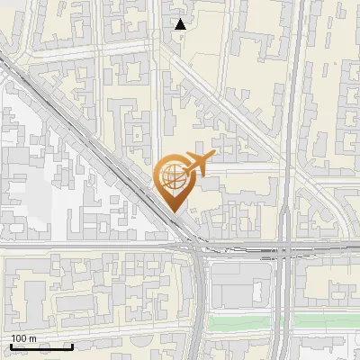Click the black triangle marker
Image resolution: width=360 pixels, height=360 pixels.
[181, 24]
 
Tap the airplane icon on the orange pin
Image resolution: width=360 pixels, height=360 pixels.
[198, 163]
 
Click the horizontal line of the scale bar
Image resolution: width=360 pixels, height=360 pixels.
[41, 346]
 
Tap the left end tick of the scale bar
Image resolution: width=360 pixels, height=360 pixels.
[11, 345]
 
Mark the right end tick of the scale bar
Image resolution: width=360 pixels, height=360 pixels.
[72, 345]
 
